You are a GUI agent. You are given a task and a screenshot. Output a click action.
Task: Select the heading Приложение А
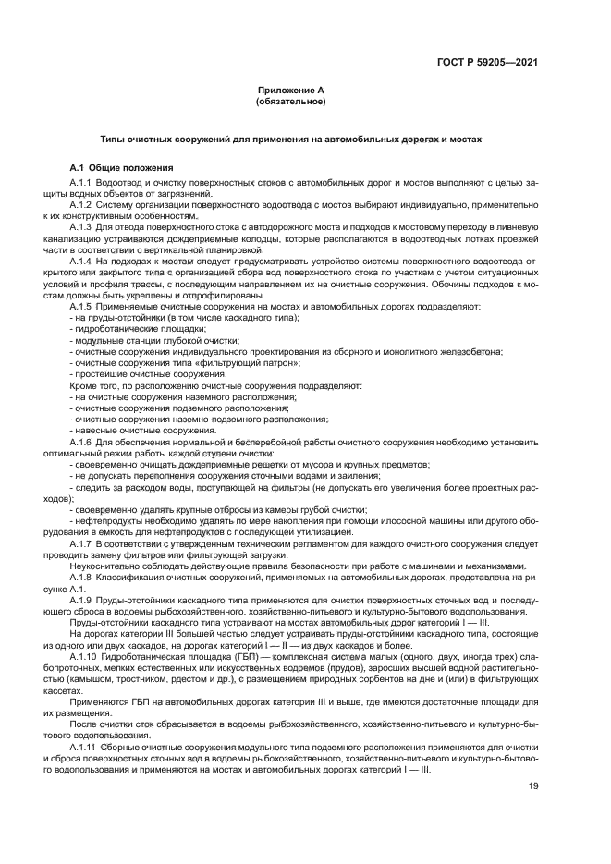tap(290, 91)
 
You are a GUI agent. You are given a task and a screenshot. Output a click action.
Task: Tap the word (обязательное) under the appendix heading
tap(290, 102)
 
